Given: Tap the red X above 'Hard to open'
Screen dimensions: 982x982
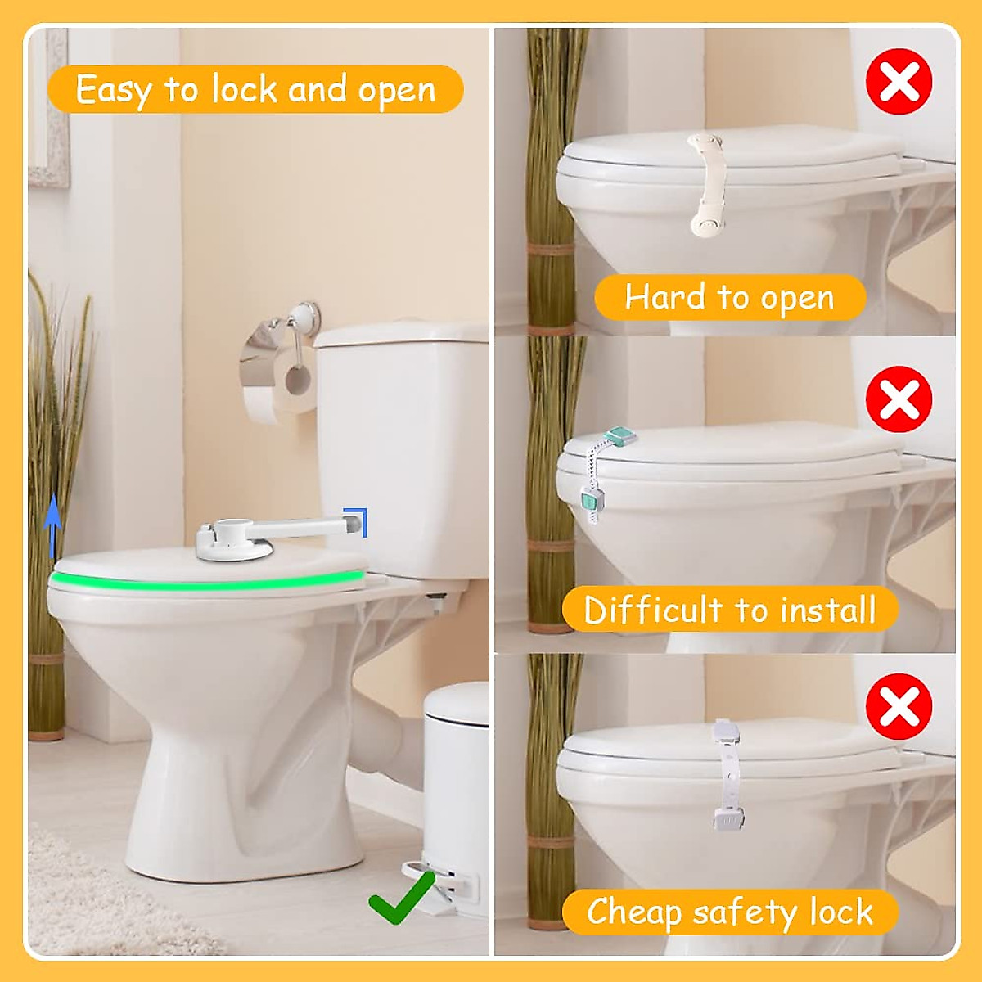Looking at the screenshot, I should pyautogui.click(x=899, y=81).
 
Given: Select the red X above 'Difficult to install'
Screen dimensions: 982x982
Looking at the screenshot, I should pyautogui.click(x=899, y=399).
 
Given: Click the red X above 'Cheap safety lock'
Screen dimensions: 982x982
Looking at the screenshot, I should pyautogui.click(x=899, y=706).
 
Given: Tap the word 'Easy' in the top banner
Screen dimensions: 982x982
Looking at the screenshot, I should pyautogui.click(x=113, y=89).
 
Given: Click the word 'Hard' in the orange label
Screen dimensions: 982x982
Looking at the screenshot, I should pyautogui.click(x=664, y=297).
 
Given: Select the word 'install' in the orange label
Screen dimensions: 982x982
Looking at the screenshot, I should pyautogui.click(x=827, y=610).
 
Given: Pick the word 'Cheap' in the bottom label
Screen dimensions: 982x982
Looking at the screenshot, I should pyautogui.click(x=633, y=912).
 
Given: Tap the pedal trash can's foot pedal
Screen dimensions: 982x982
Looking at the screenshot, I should pyautogui.click(x=432, y=887).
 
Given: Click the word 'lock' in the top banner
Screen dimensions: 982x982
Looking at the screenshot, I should pyautogui.click(x=245, y=89).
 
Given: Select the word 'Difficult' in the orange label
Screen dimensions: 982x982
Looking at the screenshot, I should pyautogui.click(x=653, y=610).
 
